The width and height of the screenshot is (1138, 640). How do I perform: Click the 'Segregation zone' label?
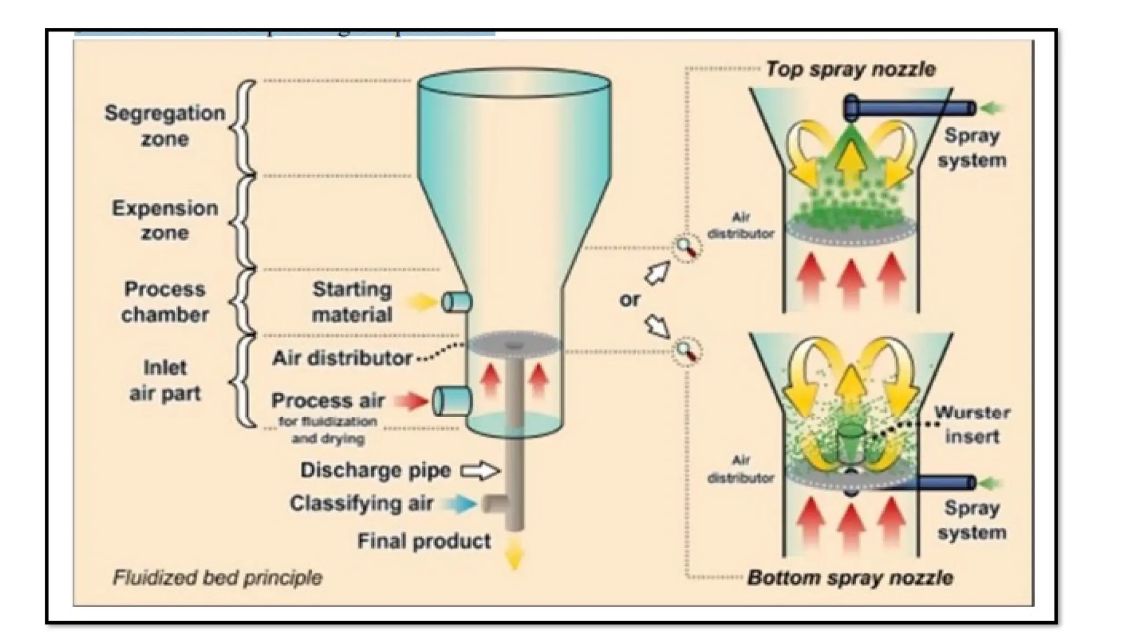[x=164, y=126]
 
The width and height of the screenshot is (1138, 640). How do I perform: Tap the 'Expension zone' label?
[x=164, y=220]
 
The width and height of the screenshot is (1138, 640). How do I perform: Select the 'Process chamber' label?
[x=164, y=302]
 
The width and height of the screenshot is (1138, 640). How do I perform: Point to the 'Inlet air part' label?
[x=164, y=381]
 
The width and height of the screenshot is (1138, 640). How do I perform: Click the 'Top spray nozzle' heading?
[x=850, y=69]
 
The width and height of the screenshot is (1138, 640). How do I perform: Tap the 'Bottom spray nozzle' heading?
[x=850, y=578]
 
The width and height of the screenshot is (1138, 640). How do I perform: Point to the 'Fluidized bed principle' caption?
[x=217, y=578]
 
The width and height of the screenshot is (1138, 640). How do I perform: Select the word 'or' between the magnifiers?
[x=630, y=300]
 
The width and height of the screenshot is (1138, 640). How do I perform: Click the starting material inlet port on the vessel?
[x=457, y=302]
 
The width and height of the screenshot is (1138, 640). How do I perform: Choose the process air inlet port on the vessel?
[x=451, y=400]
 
